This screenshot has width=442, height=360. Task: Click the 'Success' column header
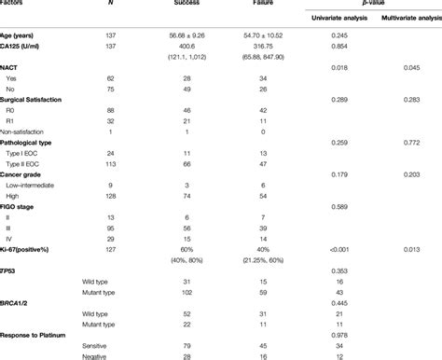point(186,3)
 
